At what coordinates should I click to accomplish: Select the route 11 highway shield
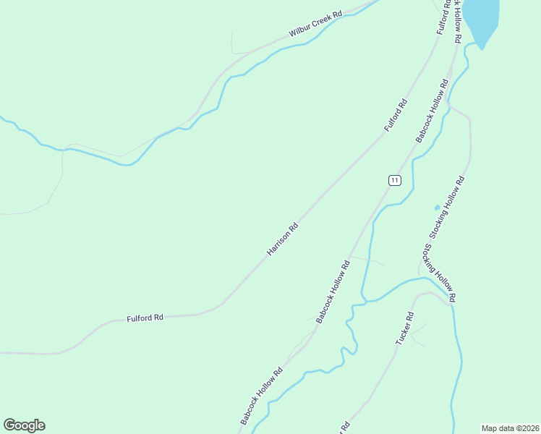[393, 180]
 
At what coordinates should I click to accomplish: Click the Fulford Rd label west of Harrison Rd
[145, 318]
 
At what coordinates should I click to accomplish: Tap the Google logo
[24, 425]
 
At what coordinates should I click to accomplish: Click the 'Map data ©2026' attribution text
[510, 428]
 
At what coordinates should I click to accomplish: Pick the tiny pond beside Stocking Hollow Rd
[437, 208]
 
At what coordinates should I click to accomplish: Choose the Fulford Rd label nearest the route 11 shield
[396, 115]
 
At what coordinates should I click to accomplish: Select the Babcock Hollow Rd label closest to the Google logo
[261, 395]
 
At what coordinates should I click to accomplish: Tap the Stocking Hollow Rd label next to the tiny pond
[448, 206]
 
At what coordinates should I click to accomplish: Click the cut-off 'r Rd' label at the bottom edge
[344, 427]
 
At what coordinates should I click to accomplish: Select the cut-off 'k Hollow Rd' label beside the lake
[456, 22]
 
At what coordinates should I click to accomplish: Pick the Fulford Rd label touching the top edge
[443, 17]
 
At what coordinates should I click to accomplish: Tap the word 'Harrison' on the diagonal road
[278, 243]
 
